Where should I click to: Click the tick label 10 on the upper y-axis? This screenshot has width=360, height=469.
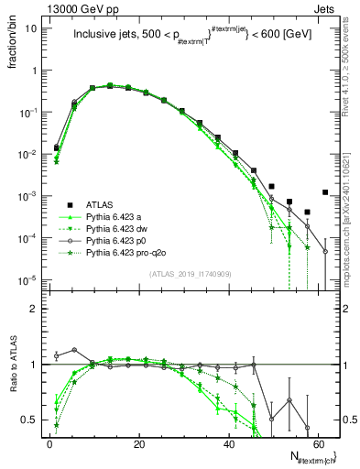31,27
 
